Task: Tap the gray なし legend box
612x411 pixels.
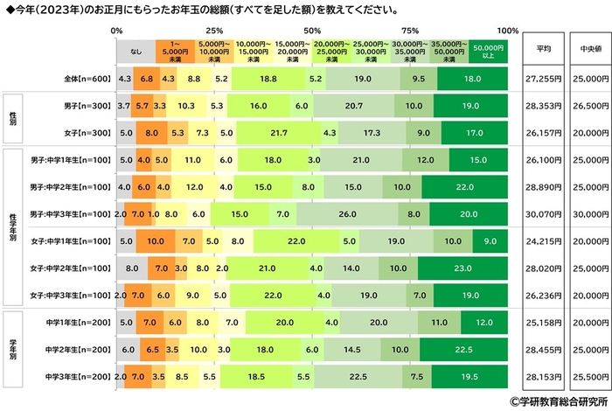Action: (x=136, y=52)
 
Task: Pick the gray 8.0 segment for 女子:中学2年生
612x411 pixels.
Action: (x=132, y=268)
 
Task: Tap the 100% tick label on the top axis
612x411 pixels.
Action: (x=506, y=30)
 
